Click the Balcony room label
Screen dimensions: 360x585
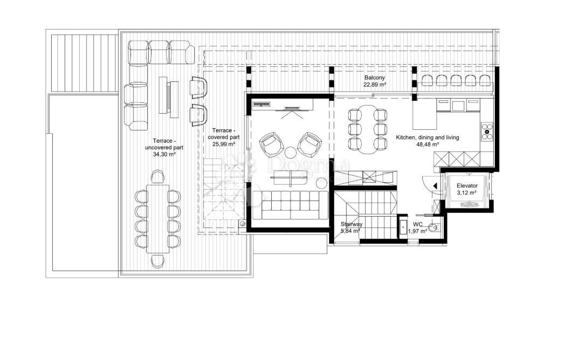pyautogui.click(x=374, y=78)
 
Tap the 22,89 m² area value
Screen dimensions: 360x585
pyautogui.click(x=374, y=85)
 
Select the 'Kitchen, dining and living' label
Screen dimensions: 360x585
pyautogui.click(x=428, y=137)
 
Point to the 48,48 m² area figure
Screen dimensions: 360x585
pyautogui.click(x=428, y=144)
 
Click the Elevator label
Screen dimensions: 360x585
pyautogui.click(x=467, y=185)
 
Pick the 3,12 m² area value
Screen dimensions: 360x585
pyautogui.click(x=467, y=192)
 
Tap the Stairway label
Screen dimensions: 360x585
pyautogui.click(x=352, y=224)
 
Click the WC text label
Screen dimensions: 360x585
pyautogui.click(x=418, y=224)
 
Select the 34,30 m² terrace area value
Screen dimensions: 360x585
pyautogui.click(x=164, y=154)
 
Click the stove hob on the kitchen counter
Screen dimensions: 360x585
pyautogui.click(x=487, y=131)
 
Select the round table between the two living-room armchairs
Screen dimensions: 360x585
pyautogui.click(x=290, y=151)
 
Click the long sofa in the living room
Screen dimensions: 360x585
pyautogui.click(x=291, y=206)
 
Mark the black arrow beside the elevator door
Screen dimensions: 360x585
pyautogui.click(x=435, y=186)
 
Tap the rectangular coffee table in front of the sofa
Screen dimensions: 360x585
pyautogui.click(x=291, y=178)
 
